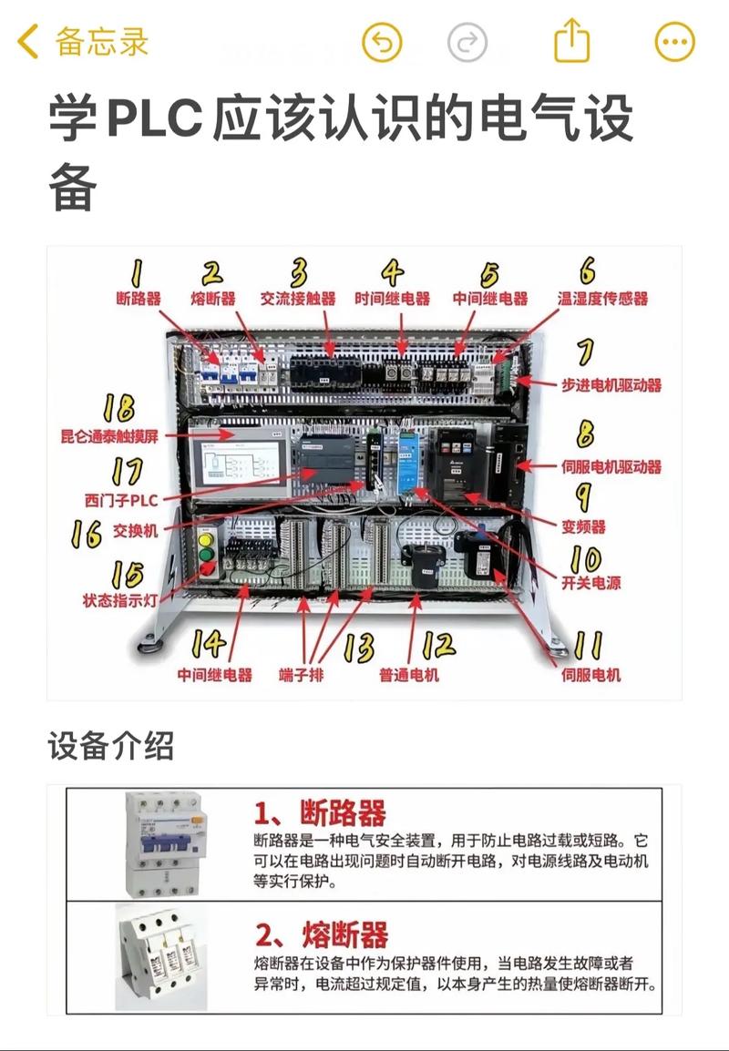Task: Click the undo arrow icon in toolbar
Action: click(382, 43)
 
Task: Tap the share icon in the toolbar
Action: click(572, 42)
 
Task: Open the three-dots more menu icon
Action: click(675, 43)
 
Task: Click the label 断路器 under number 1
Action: click(139, 299)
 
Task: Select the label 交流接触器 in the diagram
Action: click(298, 299)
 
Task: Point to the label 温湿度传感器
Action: click(602, 299)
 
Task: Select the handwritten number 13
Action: click(358, 648)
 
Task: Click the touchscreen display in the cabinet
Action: click(241, 460)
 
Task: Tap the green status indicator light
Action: click(206, 553)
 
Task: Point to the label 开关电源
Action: click(590, 582)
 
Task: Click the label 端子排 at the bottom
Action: click(301, 675)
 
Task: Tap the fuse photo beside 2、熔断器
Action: click(160, 956)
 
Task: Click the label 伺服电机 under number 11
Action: click(591, 675)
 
